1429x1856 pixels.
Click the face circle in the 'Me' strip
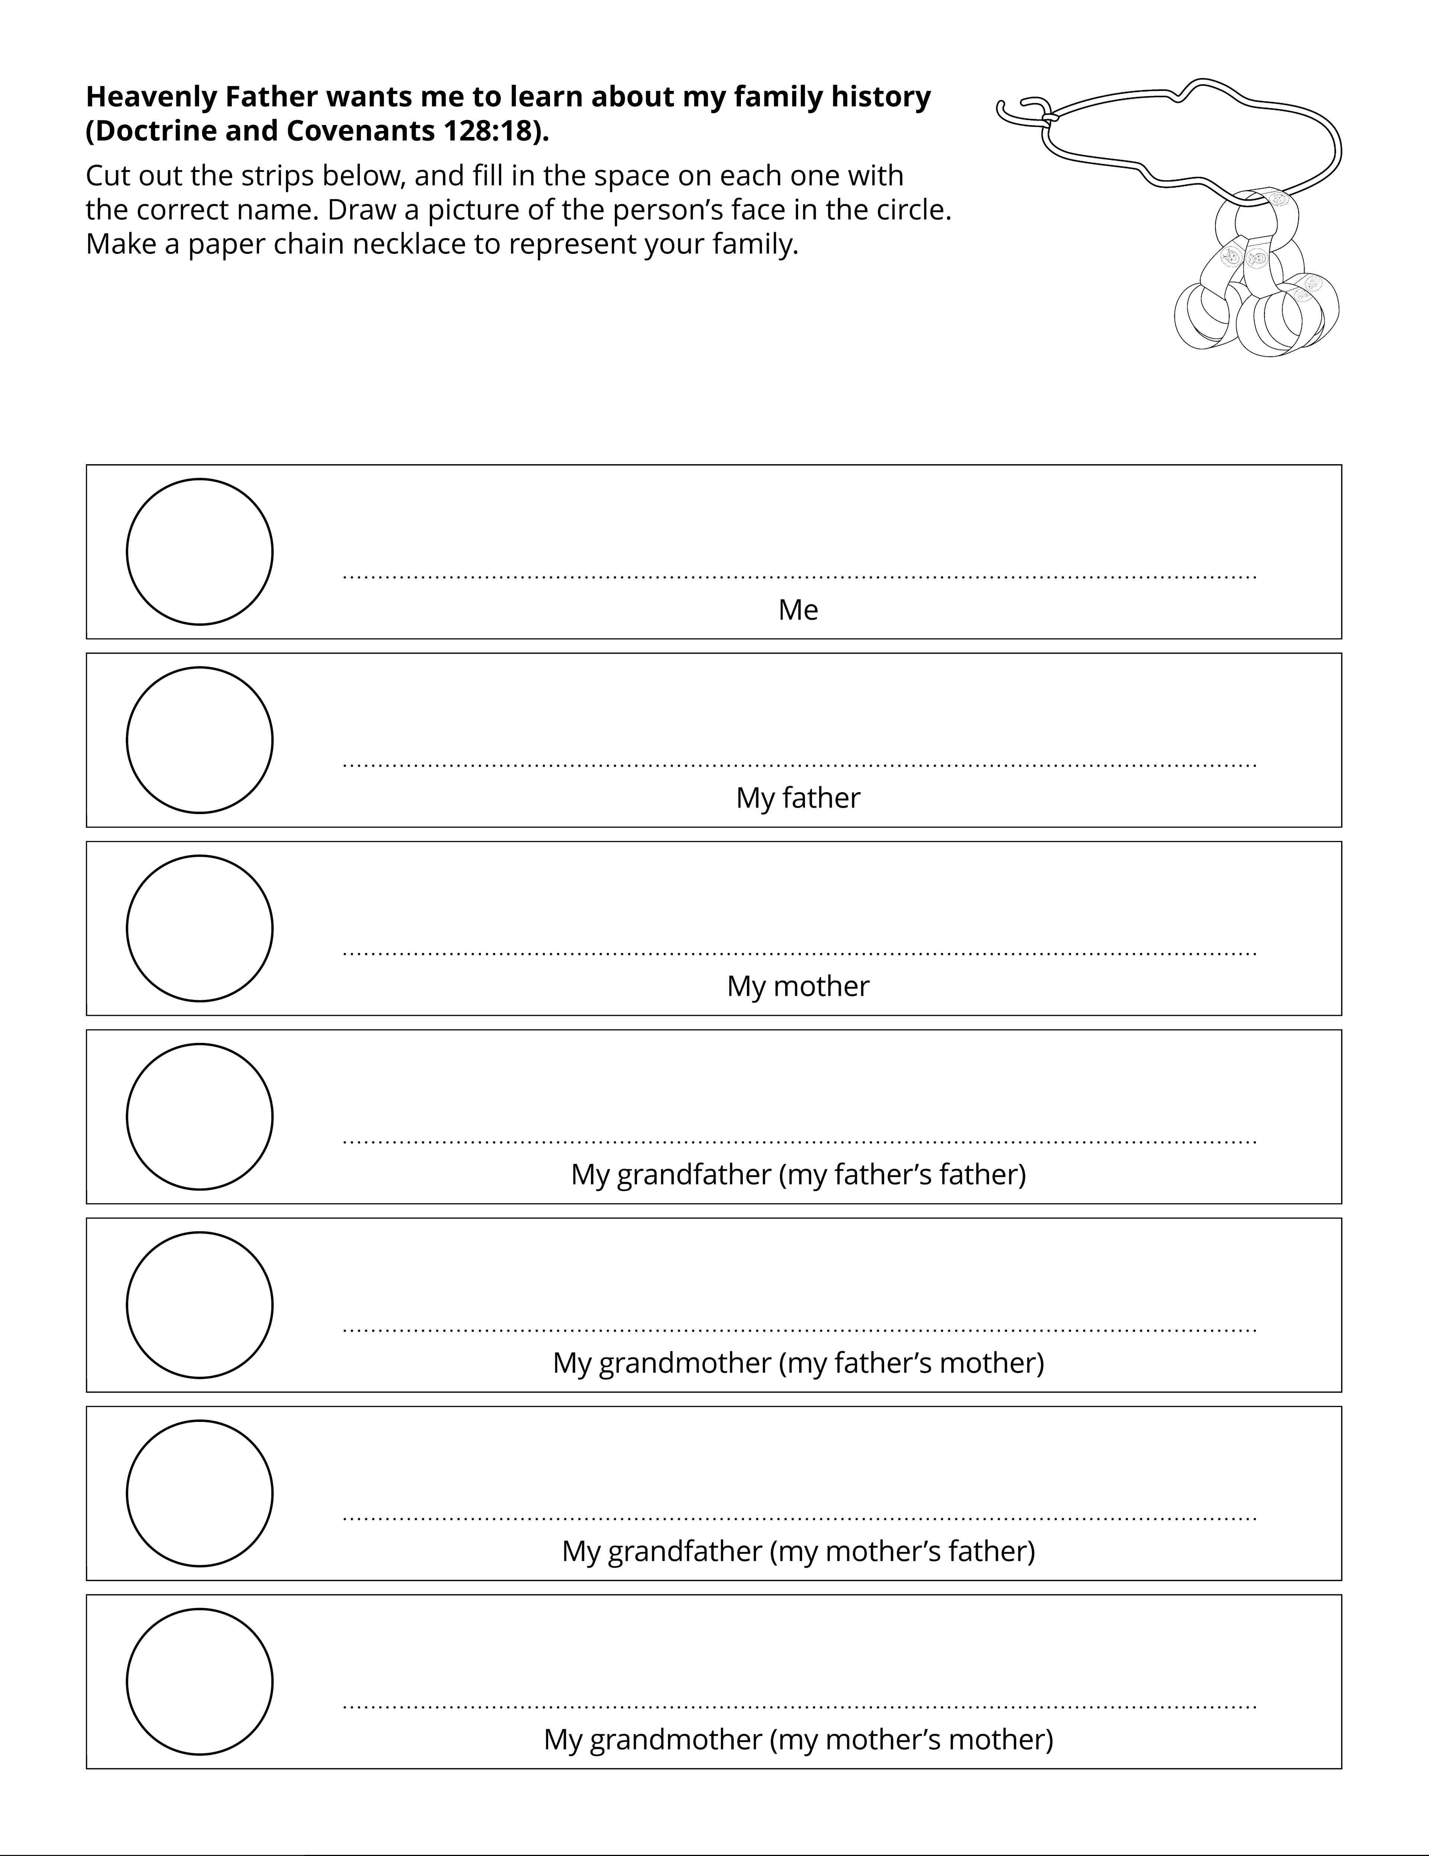(x=200, y=552)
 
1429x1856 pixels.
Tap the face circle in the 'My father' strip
(x=200, y=740)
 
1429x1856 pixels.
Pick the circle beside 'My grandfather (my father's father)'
(x=200, y=1117)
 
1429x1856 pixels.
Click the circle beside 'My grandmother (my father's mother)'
(x=200, y=1305)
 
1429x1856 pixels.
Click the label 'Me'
(x=798, y=609)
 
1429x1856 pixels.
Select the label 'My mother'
(x=798, y=986)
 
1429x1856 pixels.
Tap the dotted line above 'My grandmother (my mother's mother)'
(x=799, y=1706)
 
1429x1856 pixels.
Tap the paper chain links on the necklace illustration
(x=1256, y=280)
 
